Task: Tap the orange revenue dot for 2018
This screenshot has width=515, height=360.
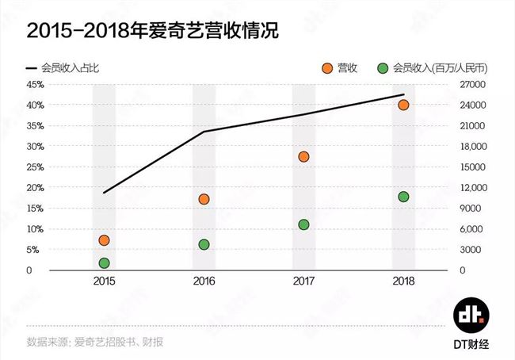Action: [403, 105]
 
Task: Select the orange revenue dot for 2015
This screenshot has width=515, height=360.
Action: [104, 240]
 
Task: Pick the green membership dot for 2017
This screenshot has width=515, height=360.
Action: [303, 224]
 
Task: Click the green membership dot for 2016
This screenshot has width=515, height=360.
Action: [204, 244]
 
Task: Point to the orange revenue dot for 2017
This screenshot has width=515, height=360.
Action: [303, 156]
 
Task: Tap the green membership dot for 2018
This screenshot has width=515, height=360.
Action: [403, 197]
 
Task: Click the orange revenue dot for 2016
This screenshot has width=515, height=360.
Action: [204, 199]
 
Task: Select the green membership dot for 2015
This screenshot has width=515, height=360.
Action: [104, 263]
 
